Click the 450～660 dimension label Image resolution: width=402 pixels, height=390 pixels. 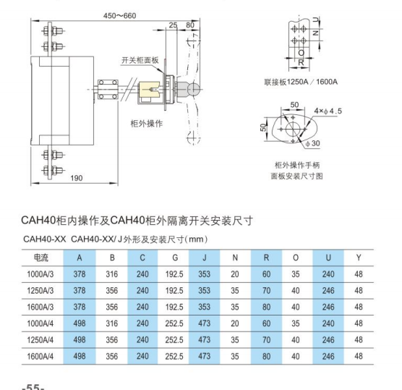(120, 16)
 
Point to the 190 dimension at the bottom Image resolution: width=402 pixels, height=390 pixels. (77, 178)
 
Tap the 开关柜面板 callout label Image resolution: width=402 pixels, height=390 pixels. (140, 60)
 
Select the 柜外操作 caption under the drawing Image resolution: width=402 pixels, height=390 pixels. (146, 124)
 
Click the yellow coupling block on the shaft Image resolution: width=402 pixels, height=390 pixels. (150, 90)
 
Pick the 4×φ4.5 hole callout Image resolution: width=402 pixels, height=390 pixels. (328, 111)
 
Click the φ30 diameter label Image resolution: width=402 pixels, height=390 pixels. (312, 143)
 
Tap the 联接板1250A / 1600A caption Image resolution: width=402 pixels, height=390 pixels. (301, 82)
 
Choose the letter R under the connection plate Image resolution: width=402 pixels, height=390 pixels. (301, 62)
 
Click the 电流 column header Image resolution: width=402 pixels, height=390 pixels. (41, 258)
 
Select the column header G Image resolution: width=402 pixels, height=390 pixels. (175, 258)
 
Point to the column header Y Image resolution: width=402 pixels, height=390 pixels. (359, 258)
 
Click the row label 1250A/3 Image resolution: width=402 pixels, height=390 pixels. (40, 291)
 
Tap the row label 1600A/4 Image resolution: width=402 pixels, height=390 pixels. (40, 357)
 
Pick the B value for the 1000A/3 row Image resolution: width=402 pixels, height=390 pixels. (112, 274)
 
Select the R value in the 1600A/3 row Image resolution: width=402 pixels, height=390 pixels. (266, 307)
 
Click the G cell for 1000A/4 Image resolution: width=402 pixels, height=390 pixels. (174, 323)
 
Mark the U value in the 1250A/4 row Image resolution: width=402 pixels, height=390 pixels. (328, 340)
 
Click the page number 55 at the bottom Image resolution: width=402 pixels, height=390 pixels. (33, 386)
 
